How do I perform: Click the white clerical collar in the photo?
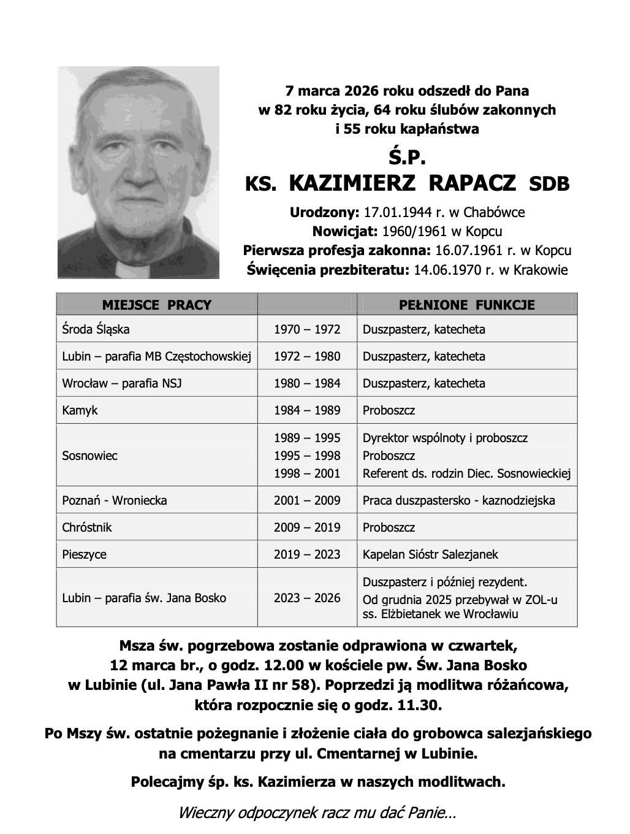click(x=128, y=268)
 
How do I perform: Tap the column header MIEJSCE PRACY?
click(x=156, y=305)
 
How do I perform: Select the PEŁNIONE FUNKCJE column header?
click(x=467, y=305)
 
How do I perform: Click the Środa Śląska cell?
click(x=96, y=329)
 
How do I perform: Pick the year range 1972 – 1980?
click(x=307, y=356)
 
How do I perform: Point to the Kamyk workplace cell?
click(x=80, y=410)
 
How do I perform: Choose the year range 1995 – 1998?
click(x=307, y=456)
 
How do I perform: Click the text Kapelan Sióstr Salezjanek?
click(x=430, y=554)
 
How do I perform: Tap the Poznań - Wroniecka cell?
click(x=115, y=500)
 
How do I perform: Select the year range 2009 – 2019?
click(x=307, y=527)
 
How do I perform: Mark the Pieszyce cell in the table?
click(x=84, y=554)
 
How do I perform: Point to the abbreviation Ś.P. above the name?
click(x=407, y=157)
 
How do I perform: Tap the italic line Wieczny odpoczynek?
click(x=316, y=814)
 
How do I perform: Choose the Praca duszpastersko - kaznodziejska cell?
click(x=459, y=500)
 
